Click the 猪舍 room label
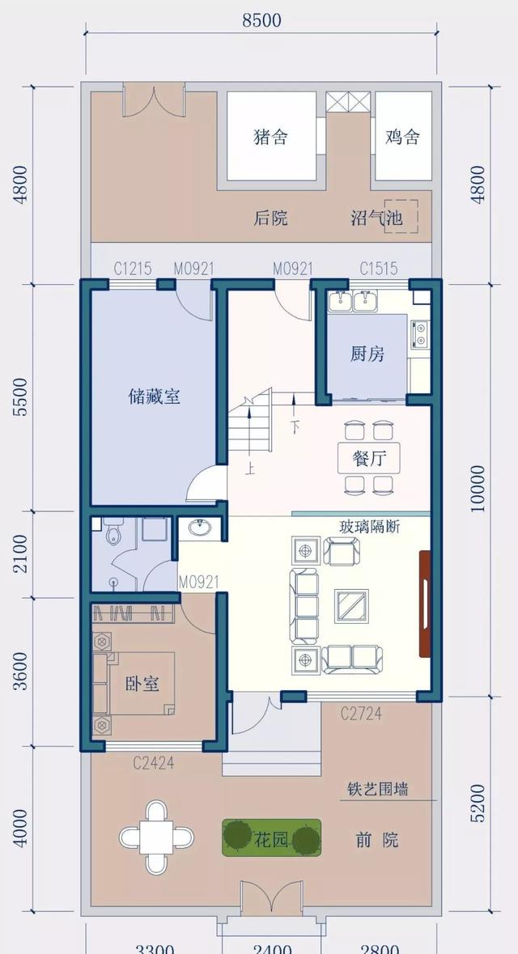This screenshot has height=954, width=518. pos(270,137)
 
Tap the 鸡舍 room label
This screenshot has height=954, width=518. pos(402,137)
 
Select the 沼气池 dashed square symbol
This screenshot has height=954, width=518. pos(401,216)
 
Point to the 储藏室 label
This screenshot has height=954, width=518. pos(154,396)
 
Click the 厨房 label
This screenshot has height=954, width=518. pos(367,354)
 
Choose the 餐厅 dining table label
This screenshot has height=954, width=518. pos(369,458)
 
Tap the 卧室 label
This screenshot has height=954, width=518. pos(142,684)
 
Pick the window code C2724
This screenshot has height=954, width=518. pos(361,714)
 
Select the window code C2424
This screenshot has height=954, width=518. pos(154,761)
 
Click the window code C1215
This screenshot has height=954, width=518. pos(133,269)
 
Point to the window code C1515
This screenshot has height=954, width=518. pos(378,269)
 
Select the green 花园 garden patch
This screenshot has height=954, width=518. pos(271,839)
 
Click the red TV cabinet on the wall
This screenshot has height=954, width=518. pos(424,604)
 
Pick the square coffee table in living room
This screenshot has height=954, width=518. pos(353,604)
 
